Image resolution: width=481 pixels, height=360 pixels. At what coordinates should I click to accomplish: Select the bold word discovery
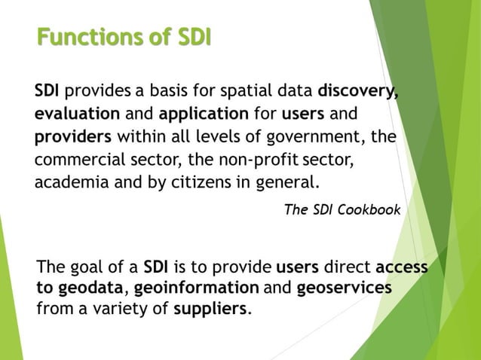pos(357,94)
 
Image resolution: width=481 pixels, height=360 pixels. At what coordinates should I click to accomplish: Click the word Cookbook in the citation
pos(369,209)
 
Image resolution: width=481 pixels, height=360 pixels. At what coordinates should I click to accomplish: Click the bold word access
pos(401,267)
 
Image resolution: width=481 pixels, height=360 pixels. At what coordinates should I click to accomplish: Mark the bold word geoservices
pos(345,288)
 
